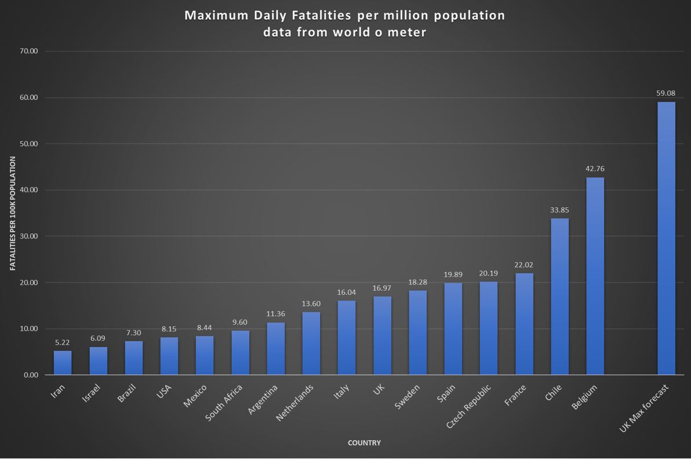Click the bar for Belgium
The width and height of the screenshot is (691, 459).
coord(595,276)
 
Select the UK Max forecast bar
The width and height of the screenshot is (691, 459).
coord(666,238)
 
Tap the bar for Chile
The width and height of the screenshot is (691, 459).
coord(559,297)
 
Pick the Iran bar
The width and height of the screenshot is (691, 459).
coord(63,363)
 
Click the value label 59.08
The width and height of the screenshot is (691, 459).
coord(666,93)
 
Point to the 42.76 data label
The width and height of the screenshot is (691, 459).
coord(595,169)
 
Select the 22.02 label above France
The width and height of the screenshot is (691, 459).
coord(523,265)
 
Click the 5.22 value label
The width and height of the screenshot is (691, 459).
coord(63,342)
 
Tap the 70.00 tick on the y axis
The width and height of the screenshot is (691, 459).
coord(28,51)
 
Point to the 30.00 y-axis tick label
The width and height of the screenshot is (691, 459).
coord(28,236)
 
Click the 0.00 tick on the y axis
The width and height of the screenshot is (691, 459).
coord(30,375)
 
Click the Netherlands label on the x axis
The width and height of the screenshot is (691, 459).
coord(296,402)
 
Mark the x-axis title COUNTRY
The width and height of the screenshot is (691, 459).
coord(364,443)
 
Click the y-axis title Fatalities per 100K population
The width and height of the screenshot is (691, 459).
coord(13,213)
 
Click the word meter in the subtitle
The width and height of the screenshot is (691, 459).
coord(408,32)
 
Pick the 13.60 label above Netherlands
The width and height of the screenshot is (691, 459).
coord(311,303)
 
